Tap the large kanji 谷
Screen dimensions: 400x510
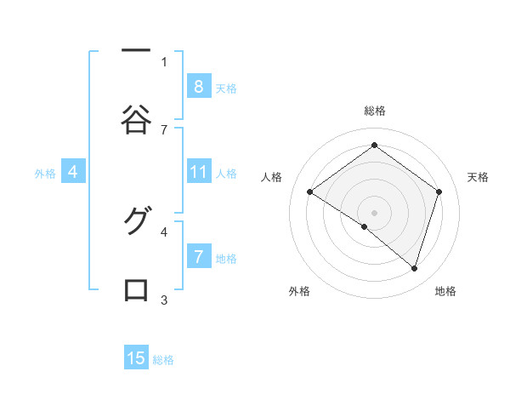[136, 119]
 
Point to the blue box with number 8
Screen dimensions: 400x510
[199, 87]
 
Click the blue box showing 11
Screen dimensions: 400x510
[199, 172]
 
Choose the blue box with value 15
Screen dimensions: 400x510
[136, 358]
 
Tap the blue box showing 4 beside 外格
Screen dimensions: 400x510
[73, 172]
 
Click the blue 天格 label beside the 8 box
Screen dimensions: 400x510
[226, 88]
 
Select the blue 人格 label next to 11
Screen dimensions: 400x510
[226, 173]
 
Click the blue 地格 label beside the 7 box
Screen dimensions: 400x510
[226, 258]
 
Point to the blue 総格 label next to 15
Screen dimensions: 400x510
[163, 359]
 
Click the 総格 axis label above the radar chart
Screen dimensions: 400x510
[374, 111]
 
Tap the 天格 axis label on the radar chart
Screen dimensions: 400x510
[479, 177]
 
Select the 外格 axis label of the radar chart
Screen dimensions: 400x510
[299, 291]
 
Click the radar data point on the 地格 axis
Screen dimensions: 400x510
[414, 268]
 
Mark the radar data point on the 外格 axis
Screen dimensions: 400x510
[365, 226]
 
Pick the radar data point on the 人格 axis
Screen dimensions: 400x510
[310, 192]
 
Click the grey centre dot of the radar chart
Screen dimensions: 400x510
[374, 212]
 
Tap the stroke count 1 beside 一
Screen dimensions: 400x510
[164, 61]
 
